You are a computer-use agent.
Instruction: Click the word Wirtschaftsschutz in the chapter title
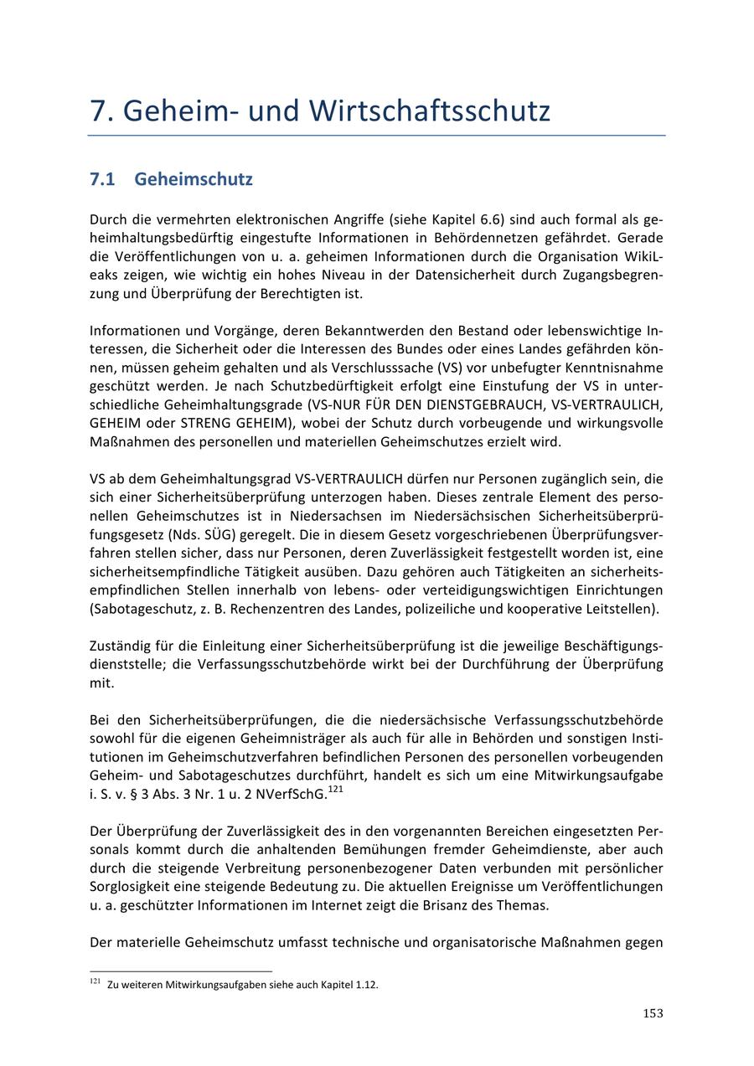coord(429,111)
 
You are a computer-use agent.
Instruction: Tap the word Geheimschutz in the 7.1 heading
coord(193,179)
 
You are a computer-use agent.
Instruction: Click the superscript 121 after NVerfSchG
coord(336,789)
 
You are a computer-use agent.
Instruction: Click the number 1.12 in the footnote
coord(366,985)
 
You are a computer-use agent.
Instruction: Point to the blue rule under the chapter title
coord(377,135)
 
